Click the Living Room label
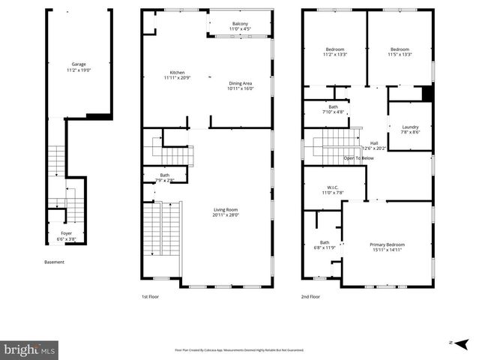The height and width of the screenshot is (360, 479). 225,211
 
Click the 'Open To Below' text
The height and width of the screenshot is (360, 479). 359,158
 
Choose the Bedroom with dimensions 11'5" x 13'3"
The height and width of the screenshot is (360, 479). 399,52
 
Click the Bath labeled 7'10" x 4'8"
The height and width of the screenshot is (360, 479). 333,109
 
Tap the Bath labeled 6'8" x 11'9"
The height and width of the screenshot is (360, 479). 325,244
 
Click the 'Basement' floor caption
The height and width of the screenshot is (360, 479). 54,262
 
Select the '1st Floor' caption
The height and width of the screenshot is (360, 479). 150,296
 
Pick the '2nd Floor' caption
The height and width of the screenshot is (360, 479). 310,296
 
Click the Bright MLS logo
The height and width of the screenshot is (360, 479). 29,349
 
